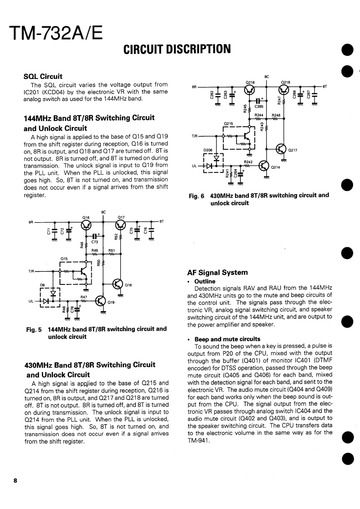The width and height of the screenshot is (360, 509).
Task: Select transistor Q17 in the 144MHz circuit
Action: pyautogui.click(x=121, y=225)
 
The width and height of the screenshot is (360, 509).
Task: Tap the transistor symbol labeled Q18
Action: pyautogui.click(x=118, y=285)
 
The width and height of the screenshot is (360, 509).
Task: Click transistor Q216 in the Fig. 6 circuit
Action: pyautogui.click(x=250, y=90)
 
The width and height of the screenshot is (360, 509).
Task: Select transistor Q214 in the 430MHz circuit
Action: pyautogui.click(x=264, y=166)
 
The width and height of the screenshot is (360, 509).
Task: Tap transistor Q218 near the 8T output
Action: pyautogui.click(x=285, y=90)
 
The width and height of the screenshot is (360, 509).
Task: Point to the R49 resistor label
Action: pyautogui.click(x=94, y=250)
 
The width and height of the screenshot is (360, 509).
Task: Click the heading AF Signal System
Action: pyautogui.click(x=217, y=273)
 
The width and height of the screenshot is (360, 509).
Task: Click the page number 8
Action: pyautogui.click(x=15, y=481)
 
